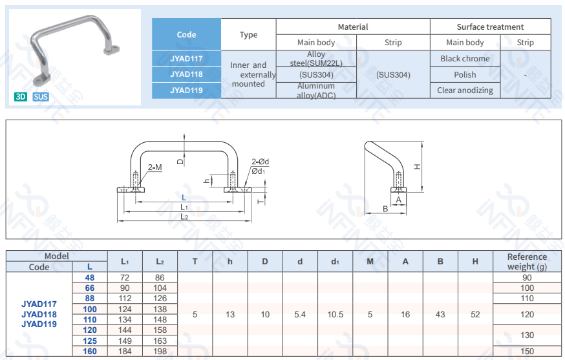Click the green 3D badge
[21, 97]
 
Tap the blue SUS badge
[41, 97]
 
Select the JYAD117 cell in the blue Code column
[186, 59]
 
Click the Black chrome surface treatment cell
[465, 59]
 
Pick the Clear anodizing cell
[465, 90]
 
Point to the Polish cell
[465, 74]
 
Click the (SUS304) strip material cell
[393, 74]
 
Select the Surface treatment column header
[490, 27]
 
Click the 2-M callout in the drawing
[155, 167]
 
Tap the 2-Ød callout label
[260, 162]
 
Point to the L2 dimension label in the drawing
[184, 217]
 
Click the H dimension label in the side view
[418, 166]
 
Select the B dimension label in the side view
[385, 209]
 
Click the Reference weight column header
[527, 261]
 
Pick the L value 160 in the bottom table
[89, 351]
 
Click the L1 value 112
[124, 299]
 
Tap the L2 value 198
[160, 351]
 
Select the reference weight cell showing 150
[527, 351]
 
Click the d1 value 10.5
[335, 314]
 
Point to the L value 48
[89, 277]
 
